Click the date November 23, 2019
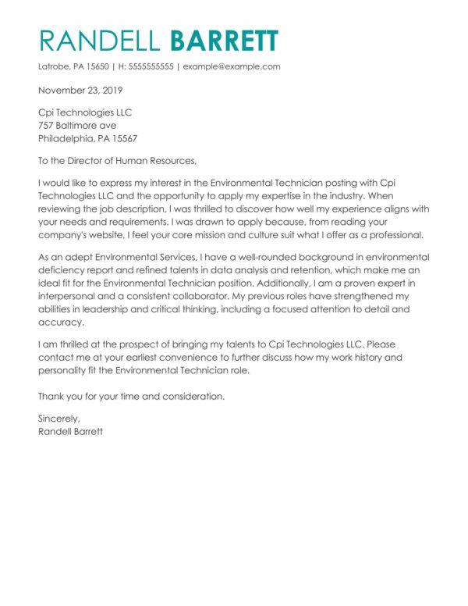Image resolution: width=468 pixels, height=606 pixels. (x=82, y=90)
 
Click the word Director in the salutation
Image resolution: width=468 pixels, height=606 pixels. (x=85, y=162)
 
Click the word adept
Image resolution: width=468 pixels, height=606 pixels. (x=69, y=258)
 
